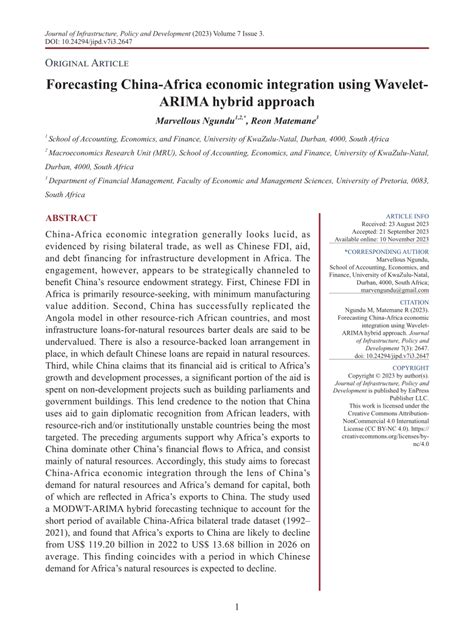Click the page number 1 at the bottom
pyautogui.click(x=236, y=606)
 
